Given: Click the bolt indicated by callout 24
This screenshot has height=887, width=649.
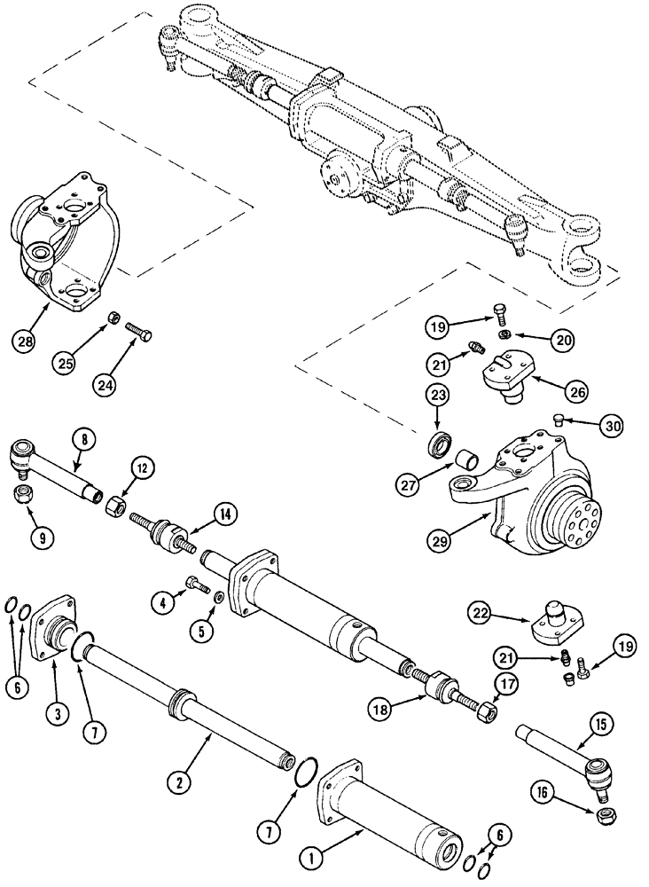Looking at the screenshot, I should click(x=139, y=334).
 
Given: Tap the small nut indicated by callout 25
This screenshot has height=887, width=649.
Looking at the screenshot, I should click(x=115, y=317).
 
